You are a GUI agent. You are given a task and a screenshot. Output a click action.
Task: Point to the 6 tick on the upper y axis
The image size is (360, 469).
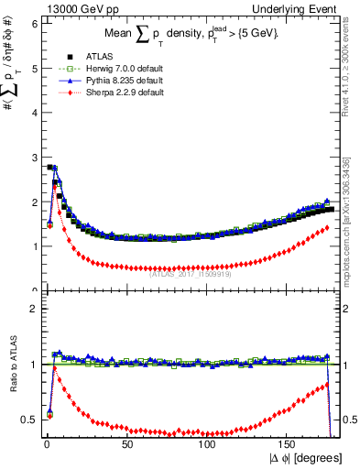(31, 23)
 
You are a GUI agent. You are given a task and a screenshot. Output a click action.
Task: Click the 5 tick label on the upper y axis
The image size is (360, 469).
(31, 68)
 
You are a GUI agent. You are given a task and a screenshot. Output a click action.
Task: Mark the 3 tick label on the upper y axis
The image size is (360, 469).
(31, 157)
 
